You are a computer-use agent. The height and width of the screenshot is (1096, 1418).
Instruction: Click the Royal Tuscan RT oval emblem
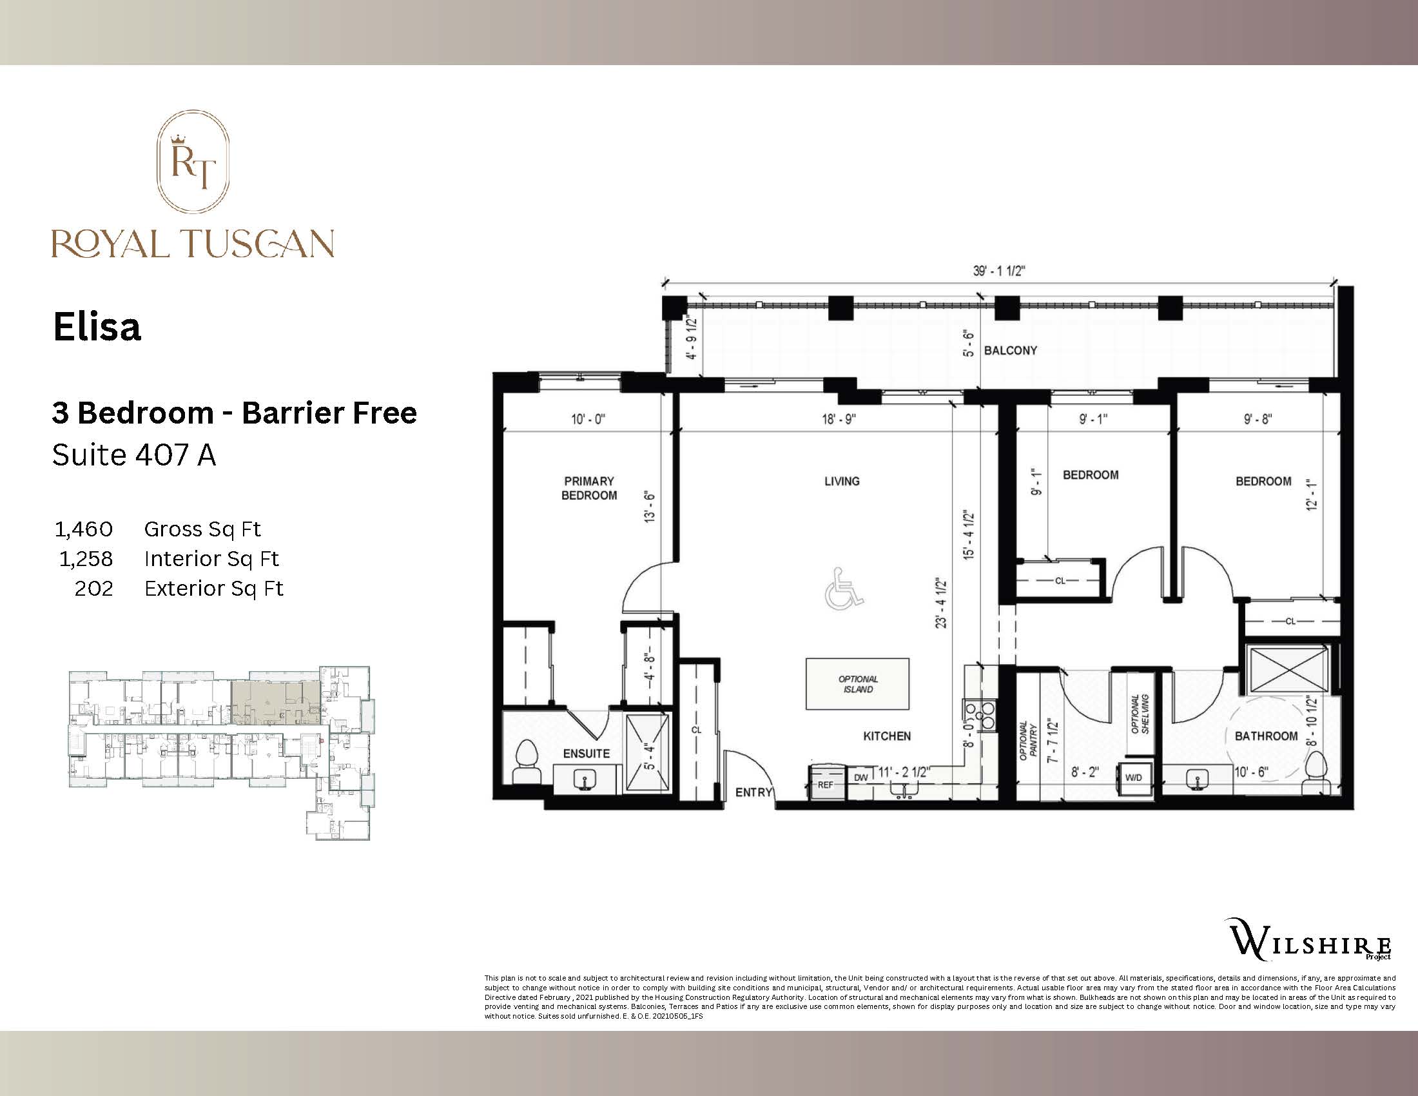pos(193,162)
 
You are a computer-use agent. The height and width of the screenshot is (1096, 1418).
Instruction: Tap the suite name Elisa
pos(97,327)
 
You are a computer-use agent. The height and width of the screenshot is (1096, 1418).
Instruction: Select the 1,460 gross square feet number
pos(84,529)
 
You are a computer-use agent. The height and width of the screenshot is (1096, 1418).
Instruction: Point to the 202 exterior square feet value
pos(93,588)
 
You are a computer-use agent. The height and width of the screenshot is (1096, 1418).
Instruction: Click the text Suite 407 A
pos(134,455)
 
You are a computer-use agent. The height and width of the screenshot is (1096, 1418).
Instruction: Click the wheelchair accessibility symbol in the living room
pos(843,589)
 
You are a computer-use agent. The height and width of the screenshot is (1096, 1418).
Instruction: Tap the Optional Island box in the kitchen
pos(857,684)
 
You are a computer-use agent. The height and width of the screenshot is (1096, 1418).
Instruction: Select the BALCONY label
pos(1010,351)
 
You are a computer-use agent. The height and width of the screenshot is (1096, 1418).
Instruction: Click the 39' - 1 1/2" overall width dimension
pos(998,271)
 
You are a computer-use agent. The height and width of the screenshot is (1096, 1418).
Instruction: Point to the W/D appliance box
pos(1133,778)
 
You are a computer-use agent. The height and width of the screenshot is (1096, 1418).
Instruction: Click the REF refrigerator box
pos(825,785)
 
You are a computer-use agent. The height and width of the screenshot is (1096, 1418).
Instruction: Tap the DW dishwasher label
pos(860,778)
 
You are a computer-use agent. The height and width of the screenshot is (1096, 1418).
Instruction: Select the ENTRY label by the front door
pos(753,792)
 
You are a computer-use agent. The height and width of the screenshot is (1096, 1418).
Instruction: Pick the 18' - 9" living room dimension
pos(839,420)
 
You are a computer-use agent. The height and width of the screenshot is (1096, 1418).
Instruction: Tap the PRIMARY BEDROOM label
pos(589,488)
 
